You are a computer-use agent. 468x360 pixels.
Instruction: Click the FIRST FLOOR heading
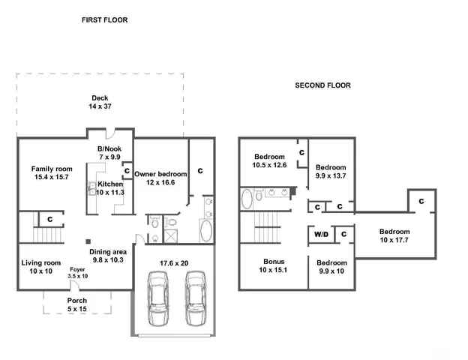104,20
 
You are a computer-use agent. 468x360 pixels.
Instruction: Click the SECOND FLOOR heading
322,85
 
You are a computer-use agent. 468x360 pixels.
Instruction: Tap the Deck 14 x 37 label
100,103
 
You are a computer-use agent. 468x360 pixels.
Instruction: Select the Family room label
51,172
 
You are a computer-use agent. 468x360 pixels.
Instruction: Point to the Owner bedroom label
160,178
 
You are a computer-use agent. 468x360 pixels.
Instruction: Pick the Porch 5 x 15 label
77,304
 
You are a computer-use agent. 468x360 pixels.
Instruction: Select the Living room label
40,266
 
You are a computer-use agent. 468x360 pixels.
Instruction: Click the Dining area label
106,256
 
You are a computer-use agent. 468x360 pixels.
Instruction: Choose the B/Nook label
109,152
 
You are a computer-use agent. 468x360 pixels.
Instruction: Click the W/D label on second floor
321,235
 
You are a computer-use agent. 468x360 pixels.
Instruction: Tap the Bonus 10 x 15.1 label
268,265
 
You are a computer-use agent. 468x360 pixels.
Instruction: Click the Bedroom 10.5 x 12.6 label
269,160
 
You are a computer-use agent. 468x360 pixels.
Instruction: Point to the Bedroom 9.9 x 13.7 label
331,171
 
